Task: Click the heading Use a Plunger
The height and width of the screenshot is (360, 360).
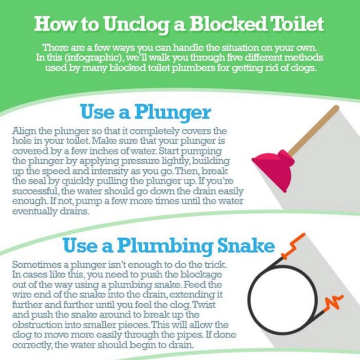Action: [145, 112]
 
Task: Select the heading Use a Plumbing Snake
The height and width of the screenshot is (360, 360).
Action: [168, 246]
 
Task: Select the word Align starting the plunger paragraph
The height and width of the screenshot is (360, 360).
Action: [23, 130]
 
